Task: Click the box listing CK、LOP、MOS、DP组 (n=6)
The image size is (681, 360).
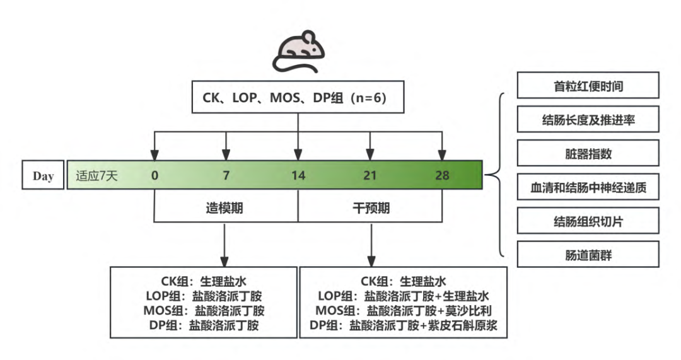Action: tap(298, 98)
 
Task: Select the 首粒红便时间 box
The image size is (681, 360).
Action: tap(588, 85)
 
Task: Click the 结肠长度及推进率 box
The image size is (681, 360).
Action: tap(588, 119)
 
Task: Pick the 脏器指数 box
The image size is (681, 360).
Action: tap(588, 153)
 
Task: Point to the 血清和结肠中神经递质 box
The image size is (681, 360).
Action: tap(588, 187)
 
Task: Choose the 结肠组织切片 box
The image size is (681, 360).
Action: tap(588, 221)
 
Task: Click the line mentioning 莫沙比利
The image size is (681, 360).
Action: tap(402, 310)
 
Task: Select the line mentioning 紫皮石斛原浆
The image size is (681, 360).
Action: tap(402, 325)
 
